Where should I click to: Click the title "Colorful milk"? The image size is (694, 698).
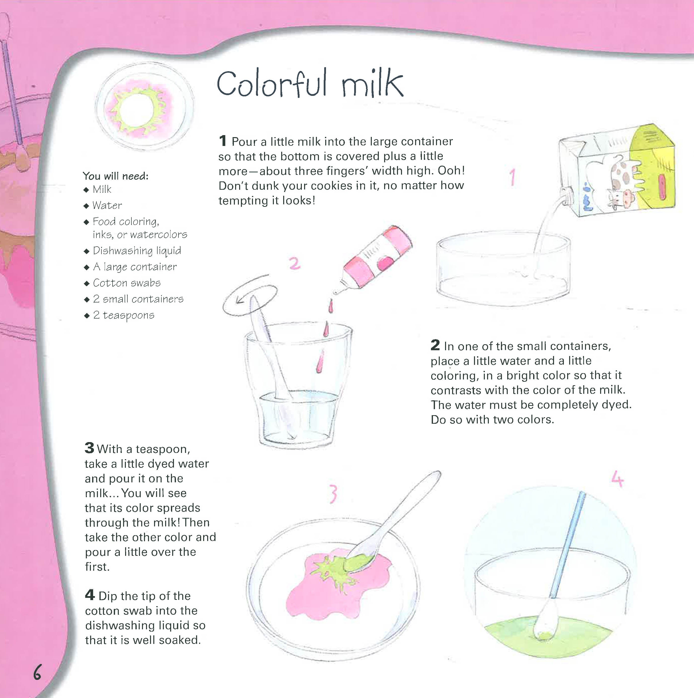(310, 84)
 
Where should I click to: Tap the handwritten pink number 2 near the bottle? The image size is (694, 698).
(295, 263)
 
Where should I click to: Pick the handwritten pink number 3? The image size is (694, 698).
(333, 494)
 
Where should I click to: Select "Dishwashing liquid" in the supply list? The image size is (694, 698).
(137, 251)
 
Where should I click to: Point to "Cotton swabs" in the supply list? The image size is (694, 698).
(127, 283)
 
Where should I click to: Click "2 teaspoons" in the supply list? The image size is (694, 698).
(124, 315)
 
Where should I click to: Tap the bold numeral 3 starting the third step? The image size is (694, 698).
(89, 448)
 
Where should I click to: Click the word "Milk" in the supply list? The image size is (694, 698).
(102, 189)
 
